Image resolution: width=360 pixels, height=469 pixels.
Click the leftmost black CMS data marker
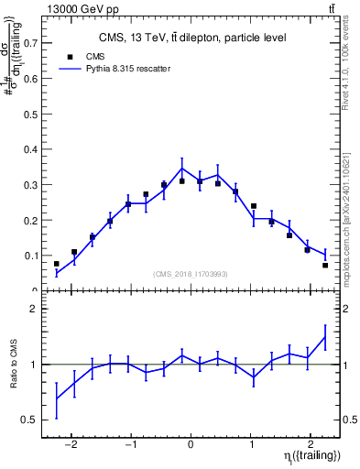point(57,264)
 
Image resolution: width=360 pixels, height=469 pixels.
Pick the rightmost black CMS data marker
point(325,266)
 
